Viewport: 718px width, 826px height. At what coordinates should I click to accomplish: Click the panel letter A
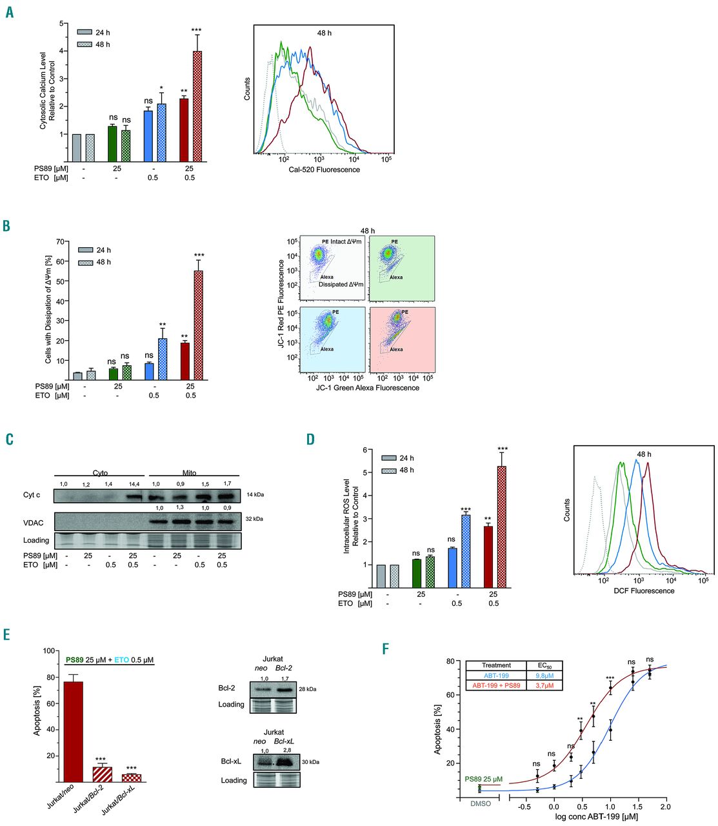click(9, 12)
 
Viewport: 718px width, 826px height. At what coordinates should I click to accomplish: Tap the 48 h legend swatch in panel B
click(85, 262)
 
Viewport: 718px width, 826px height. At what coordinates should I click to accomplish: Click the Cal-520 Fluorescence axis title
click(325, 169)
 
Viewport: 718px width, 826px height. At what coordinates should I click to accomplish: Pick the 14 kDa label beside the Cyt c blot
click(255, 495)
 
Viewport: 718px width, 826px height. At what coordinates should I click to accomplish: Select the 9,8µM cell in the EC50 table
click(544, 675)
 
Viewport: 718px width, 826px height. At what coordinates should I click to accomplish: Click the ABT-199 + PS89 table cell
click(496, 685)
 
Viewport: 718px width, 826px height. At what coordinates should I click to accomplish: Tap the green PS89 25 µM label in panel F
click(483, 780)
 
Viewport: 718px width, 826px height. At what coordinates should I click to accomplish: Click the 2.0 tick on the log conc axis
click(665, 807)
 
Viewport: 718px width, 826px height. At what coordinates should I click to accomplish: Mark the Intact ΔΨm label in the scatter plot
click(346, 241)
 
